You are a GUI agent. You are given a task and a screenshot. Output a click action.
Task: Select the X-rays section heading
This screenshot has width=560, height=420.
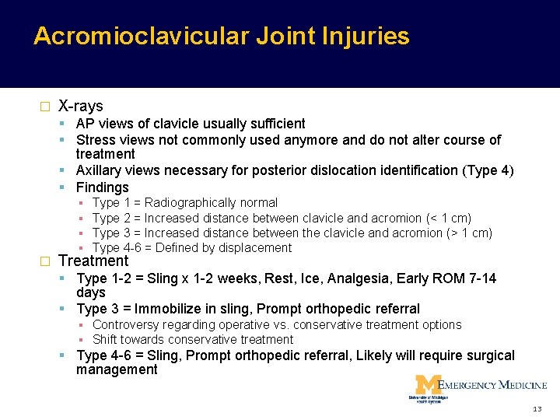tap(81, 106)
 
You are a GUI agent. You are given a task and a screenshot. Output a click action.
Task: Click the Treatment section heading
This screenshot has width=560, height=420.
tap(93, 261)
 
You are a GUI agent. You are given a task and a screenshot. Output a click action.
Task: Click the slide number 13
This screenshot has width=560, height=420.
tap(537, 409)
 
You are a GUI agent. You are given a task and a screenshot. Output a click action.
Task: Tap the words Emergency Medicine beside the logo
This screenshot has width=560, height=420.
tap(492, 385)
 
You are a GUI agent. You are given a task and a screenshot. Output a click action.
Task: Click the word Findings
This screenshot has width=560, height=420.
tap(102, 187)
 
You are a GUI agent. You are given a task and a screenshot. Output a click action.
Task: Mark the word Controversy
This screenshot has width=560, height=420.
tap(124, 325)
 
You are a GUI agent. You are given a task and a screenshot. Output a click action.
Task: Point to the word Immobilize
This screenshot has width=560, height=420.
tap(176, 310)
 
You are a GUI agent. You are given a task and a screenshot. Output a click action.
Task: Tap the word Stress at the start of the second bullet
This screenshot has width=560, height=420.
tap(95, 140)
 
